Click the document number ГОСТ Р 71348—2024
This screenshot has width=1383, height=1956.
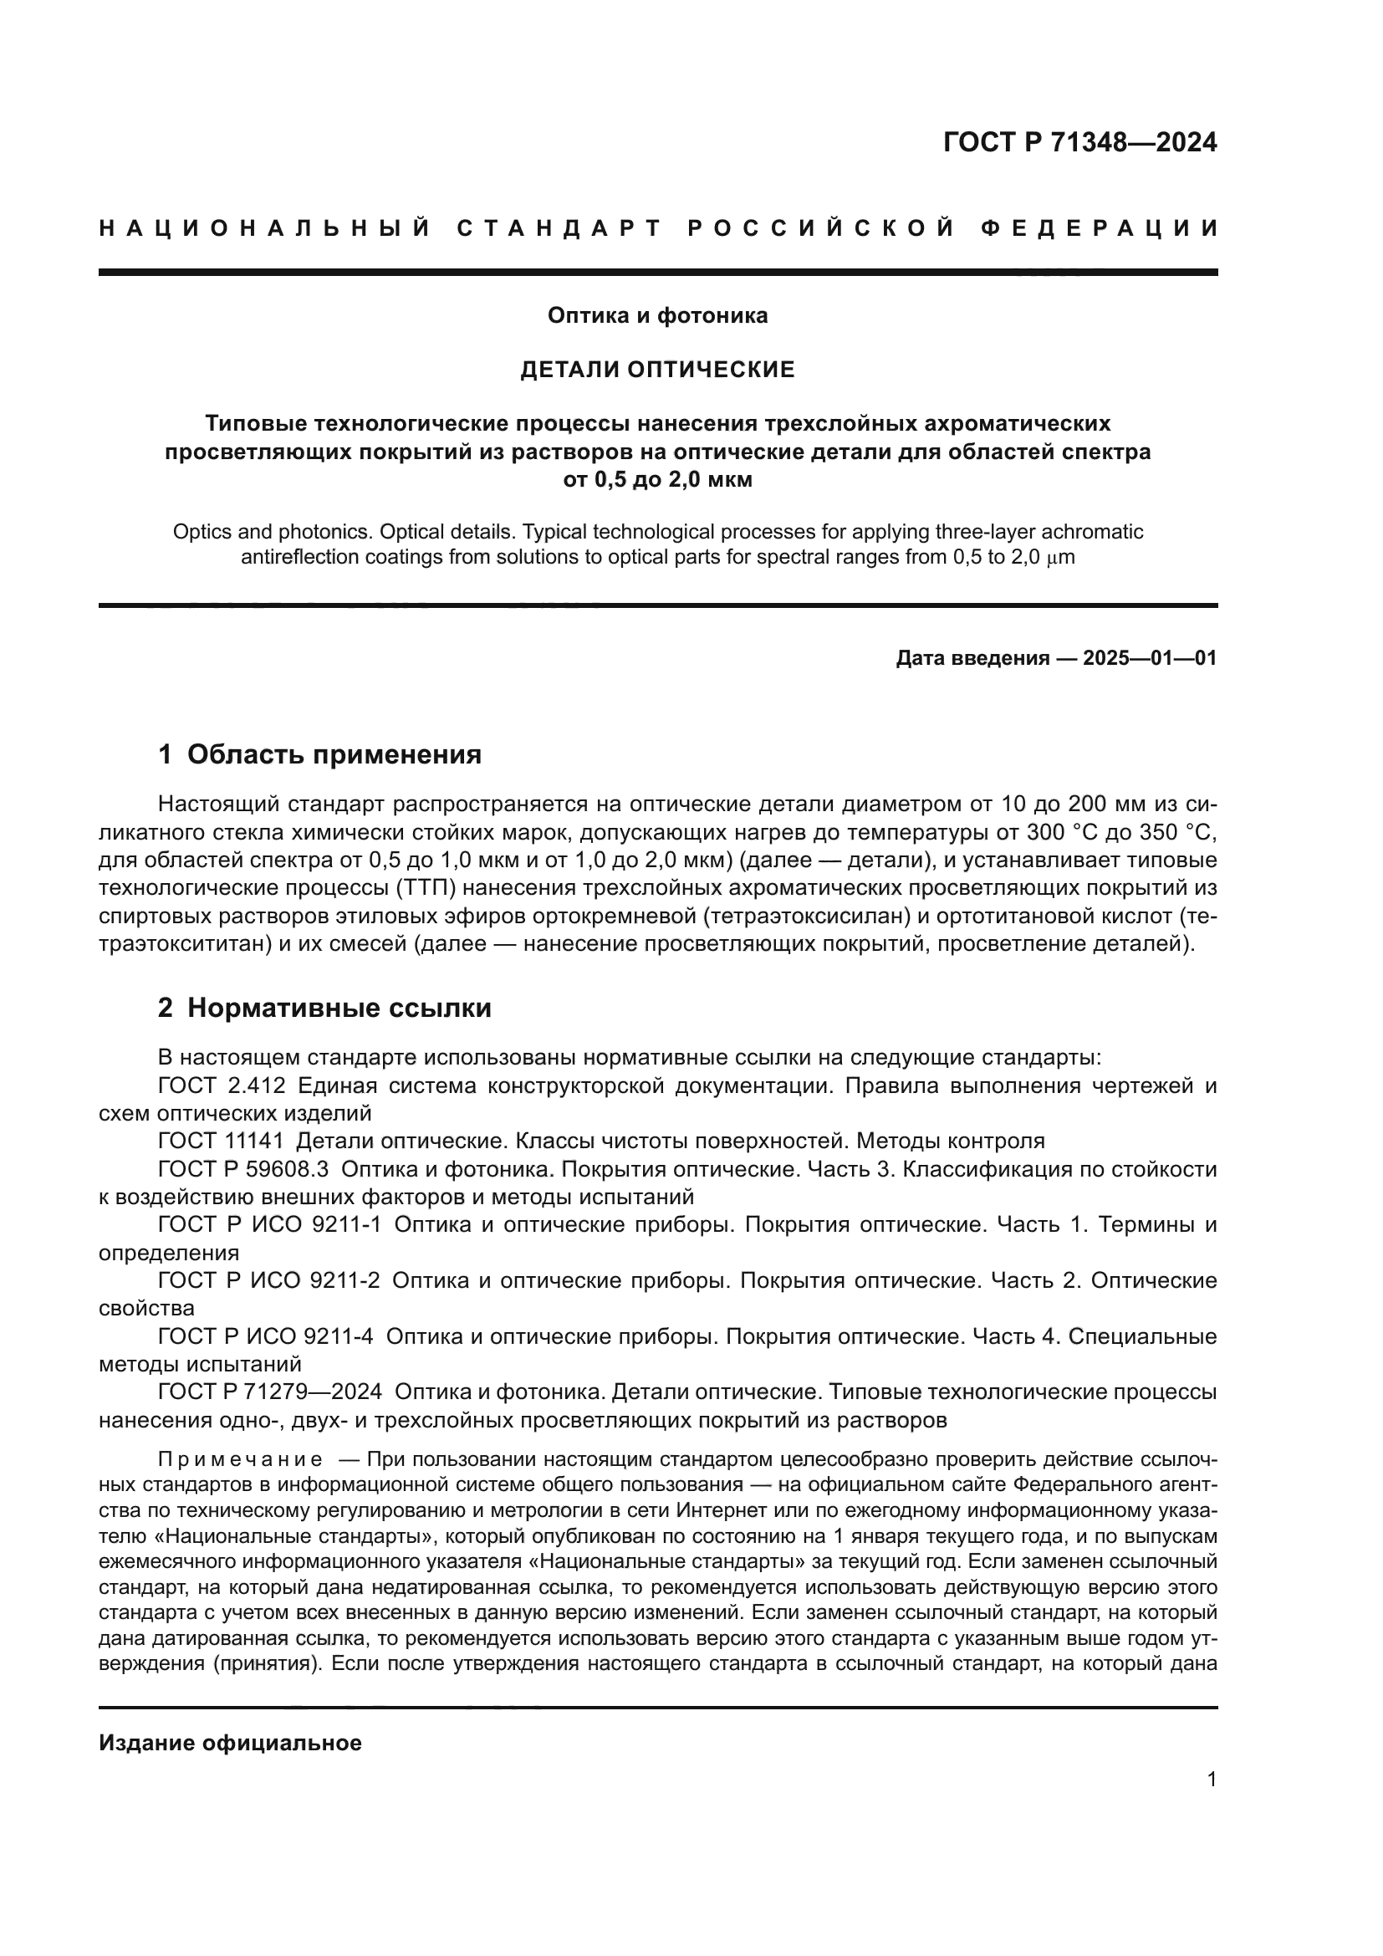[1079, 142]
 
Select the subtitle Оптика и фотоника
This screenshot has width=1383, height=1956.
[656, 316]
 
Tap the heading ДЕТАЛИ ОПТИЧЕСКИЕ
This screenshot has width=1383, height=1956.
[656, 370]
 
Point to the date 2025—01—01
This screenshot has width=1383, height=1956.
[1149, 658]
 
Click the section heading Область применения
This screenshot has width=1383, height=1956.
[334, 755]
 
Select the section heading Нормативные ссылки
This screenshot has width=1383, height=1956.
[339, 1009]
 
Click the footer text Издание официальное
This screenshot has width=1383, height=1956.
[230, 1743]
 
